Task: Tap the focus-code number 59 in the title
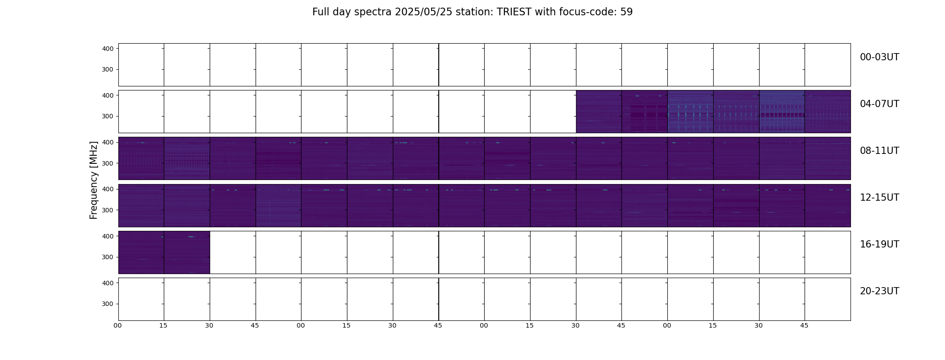click(x=626, y=12)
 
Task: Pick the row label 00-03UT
click(x=879, y=57)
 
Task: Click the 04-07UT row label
click(x=879, y=104)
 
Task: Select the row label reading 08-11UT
click(x=879, y=151)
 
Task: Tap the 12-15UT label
click(x=879, y=198)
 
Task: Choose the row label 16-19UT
click(x=879, y=244)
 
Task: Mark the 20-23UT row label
click(x=879, y=291)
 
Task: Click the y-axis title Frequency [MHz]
click(x=94, y=180)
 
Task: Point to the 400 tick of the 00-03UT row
click(x=108, y=49)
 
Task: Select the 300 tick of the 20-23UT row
click(x=108, y=304)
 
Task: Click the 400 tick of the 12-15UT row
click(x=108, y=189)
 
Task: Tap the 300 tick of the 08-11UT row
click(x=108, y=163)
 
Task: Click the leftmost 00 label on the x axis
click(x=117, y=325)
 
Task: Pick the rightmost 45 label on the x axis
click(x=804, y=325)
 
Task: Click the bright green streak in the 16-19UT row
click(x=191, y=237)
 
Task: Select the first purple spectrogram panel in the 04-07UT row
click(x=598, y=112)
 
